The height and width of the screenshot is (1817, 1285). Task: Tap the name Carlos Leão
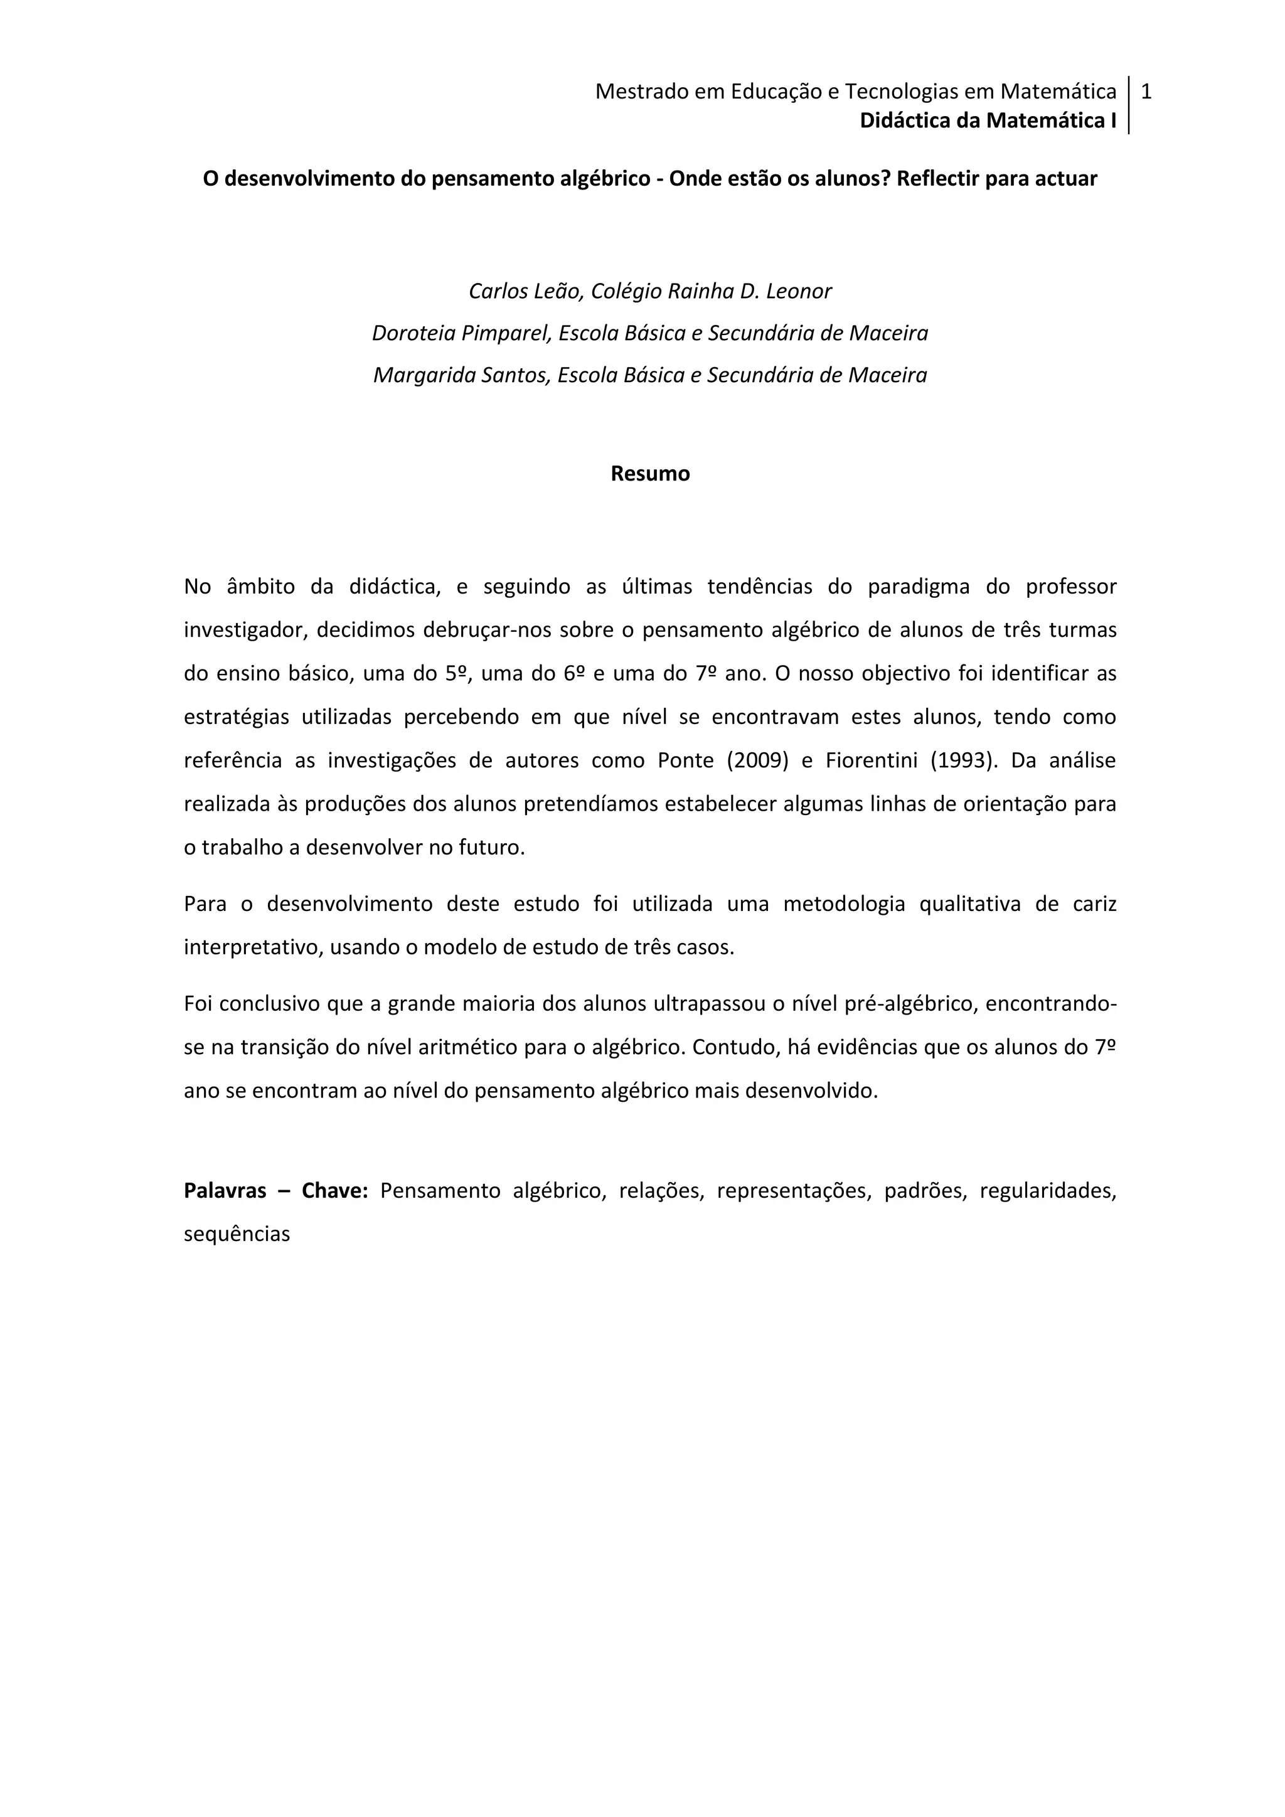click(x=525, y=291)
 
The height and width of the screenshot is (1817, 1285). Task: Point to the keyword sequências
click(x=237, y=1234)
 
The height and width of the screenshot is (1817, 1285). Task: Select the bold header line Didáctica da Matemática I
click(x=988, y=120)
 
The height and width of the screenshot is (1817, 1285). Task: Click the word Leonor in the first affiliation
click(x=798, y=291)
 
